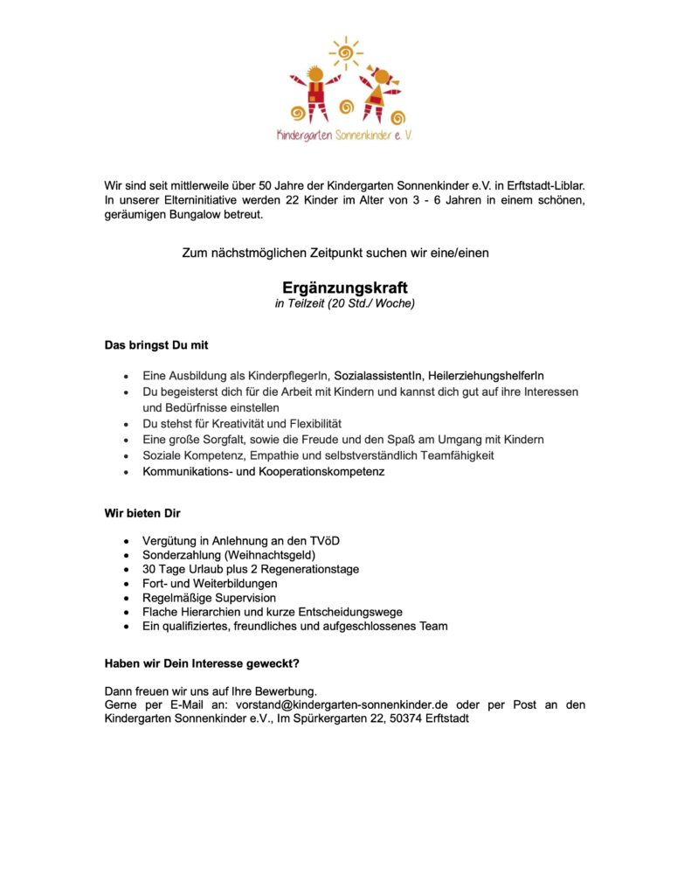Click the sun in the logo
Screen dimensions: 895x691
(345, 52)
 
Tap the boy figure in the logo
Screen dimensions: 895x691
(314, 92)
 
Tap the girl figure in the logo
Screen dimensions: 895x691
(379, 92)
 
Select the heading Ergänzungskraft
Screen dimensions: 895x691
(345, 287)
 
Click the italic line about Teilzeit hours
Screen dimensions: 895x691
(345, 304)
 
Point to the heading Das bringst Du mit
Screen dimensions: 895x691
(156, 345)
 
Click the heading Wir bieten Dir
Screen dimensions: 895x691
(142, 512)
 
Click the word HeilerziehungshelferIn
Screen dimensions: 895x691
(486, 375)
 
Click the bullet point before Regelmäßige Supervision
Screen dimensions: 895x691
(129, 598)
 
